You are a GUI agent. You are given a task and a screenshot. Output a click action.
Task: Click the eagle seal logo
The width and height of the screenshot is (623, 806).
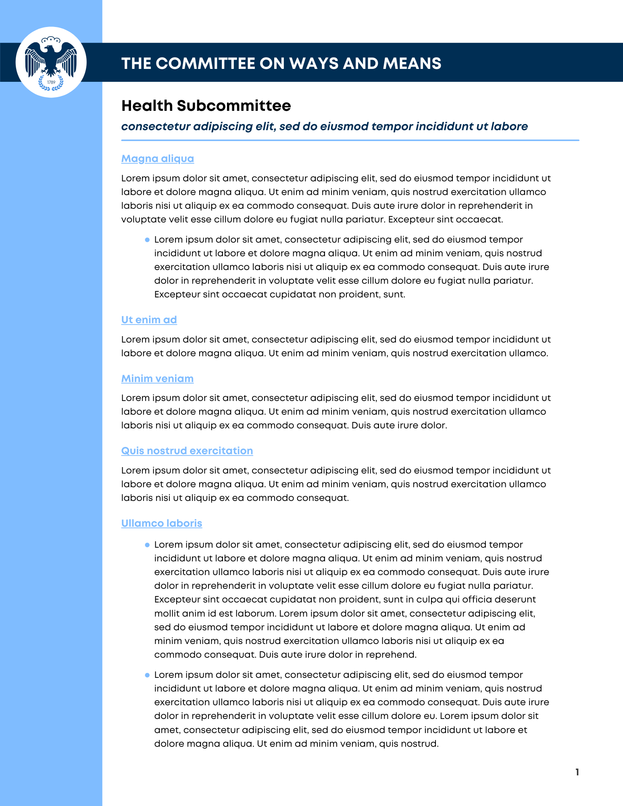pyautogui.click(x=51, y=62)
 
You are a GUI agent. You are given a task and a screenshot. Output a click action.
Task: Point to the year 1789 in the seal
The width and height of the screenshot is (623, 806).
pyautogui.click(x=51, y=82)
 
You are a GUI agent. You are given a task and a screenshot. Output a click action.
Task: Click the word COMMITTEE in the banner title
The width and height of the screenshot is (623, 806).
pyautogui.click(x=205, y=63)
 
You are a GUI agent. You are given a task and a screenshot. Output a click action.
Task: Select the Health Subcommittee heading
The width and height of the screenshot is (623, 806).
pyautogui.click(x=206, y=106)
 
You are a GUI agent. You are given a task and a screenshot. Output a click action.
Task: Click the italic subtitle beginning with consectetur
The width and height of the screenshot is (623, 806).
pyautogui.click(x=324, y=127)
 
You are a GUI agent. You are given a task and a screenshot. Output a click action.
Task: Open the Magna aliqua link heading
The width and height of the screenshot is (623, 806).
pyautogui.click(x=158, y=159)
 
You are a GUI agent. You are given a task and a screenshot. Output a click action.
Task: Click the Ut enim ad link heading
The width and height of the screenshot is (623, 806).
pyautogui.click(x=149, y=320)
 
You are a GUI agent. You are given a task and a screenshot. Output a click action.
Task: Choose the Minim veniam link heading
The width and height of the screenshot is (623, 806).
pyautogui.click(x=157, y=379)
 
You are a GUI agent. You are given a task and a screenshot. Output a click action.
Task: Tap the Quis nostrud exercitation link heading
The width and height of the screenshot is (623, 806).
pyautogui.click(x=187, y=451)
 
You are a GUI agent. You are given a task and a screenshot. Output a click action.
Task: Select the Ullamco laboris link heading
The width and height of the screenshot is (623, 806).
pyautogui.click(x=162, y=523)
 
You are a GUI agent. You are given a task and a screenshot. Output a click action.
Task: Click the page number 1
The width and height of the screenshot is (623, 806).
pyautogui.click(x=577, y=772)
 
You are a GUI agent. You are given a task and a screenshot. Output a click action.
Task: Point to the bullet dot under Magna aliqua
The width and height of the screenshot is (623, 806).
pyautogui.click(x=147, y=240)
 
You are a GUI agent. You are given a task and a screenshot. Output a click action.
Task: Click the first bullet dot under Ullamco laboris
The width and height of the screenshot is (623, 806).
pyautogui.click(x=147, y=545)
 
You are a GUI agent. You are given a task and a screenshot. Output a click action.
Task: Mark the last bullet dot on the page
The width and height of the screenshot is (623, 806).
pyautogui.click(x=147, y=675)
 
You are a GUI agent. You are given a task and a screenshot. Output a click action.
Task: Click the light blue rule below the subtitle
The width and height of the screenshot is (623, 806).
pyautogui.click(x=350, y=140)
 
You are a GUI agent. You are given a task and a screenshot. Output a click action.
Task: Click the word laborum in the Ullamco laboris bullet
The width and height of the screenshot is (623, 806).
pyautogui.click(x=255, y=613)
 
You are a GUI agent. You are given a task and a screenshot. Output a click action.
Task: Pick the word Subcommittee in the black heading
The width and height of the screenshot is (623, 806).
pyautogui.click(x=234, y=106)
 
